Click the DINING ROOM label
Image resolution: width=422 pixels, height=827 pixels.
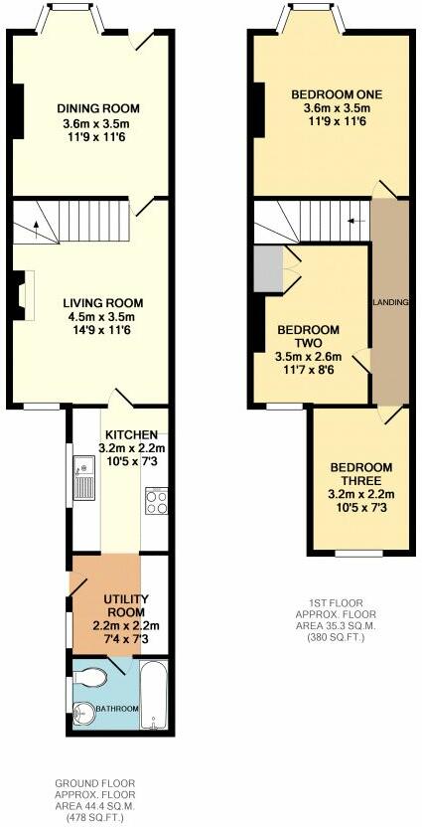[98, 108]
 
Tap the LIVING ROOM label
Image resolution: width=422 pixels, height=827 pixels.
[103, 303]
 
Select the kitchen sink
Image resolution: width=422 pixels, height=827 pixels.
[83, 478]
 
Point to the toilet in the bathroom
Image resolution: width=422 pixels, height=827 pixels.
[87, 678]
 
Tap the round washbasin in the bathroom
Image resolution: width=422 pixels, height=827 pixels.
[83, 714]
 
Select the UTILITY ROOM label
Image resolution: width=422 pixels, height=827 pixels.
[125, 606]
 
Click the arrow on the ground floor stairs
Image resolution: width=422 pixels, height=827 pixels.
[36, 230]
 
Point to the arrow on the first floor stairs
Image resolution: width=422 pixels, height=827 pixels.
[356, 221]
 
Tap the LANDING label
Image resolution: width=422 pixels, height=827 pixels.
[391, 302]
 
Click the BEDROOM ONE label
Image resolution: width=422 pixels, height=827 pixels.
[330, 95]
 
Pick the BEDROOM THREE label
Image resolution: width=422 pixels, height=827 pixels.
[360, 474]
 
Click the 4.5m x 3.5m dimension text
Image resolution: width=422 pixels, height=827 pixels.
[103, 317]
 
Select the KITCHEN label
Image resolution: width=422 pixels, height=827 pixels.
[132, 435]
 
